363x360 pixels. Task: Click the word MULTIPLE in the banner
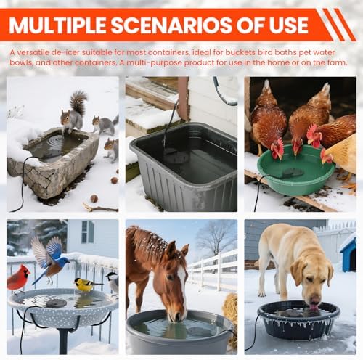pos(57,25)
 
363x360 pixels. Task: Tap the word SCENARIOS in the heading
pos(171,25)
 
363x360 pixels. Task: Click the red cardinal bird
pos(17,279)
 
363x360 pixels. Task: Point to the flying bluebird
pos(49,259)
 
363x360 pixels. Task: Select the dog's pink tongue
pos(314,307)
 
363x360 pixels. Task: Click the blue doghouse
pos(348,253)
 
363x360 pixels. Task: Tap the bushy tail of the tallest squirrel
pos(78,102)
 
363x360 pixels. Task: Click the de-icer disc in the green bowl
pos(292,173)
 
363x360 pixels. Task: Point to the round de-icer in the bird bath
pos(57,303)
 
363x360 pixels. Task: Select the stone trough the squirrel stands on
pos(53,161)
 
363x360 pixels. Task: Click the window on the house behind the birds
pos(88,232)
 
